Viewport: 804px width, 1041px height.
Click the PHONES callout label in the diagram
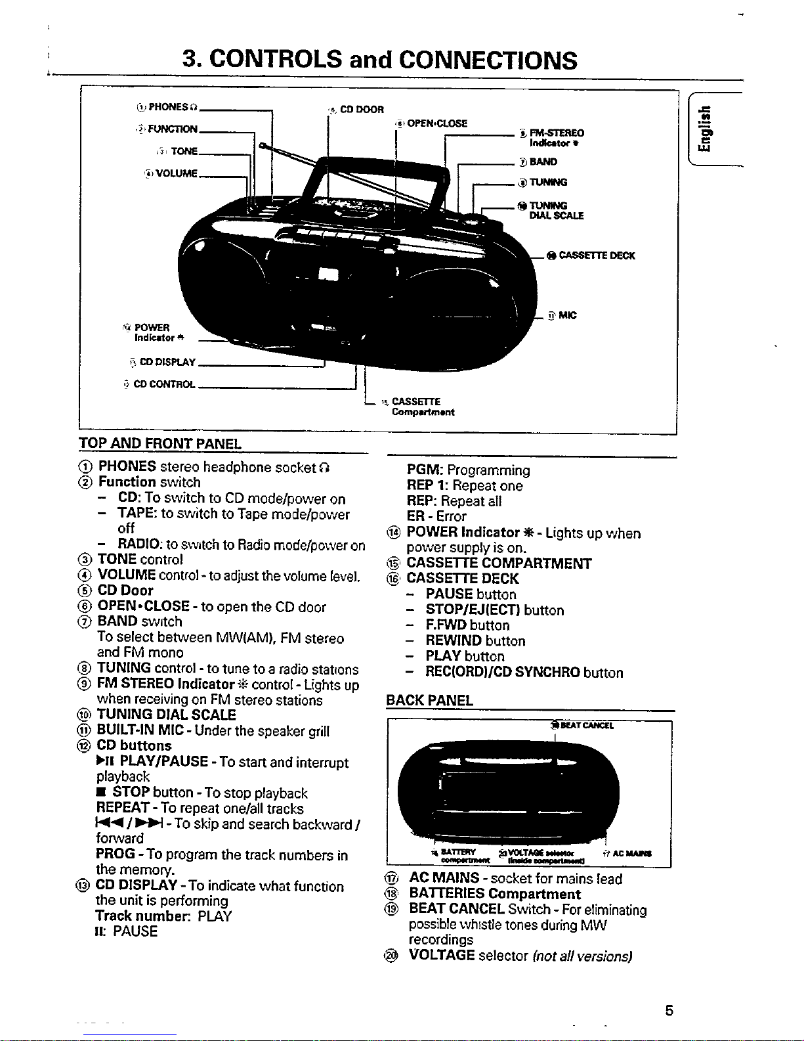click(169, 107)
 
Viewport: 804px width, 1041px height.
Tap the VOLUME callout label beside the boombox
click(172, 173)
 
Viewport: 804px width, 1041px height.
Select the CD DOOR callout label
click(361, 109)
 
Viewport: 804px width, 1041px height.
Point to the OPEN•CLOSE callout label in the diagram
click(436, 123)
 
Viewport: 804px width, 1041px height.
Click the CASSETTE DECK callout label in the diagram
click(596, 255)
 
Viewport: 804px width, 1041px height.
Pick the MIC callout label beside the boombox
click(567, 315)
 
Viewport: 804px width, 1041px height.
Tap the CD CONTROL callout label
click(164, 384)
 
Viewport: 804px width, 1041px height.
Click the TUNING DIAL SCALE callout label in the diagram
click(556, 210)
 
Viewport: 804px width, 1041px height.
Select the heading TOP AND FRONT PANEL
click(159, 443)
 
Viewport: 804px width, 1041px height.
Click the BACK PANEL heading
click(429, 700)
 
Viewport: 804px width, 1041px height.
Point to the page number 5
click(668, 1010)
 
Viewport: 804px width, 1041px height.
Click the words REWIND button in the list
click(475, 640)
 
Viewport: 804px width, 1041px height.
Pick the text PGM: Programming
click(468, 470)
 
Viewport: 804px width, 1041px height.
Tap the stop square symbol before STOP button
click(101, 793)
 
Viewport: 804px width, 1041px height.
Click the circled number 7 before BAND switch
click(85, 621)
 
